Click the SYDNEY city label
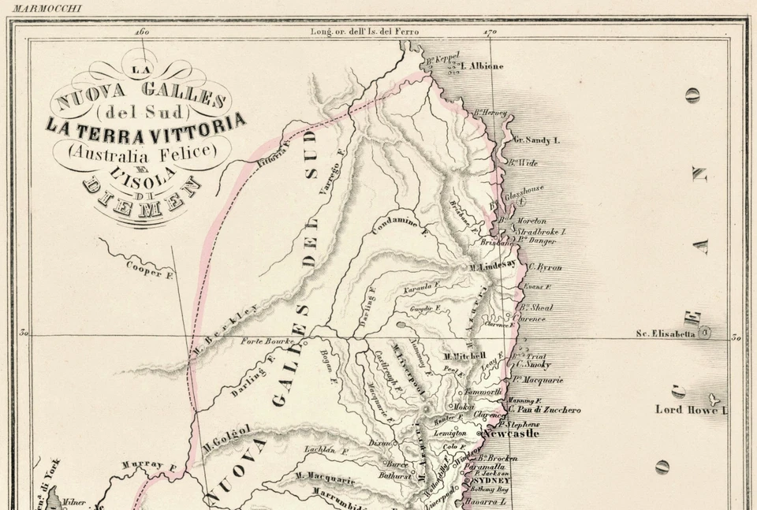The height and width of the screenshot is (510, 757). pos(493,479)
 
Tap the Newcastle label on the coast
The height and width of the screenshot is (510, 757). pos(510,434)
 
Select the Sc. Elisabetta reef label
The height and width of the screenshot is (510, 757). pos(666,333)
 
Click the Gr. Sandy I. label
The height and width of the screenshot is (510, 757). pos(536,140)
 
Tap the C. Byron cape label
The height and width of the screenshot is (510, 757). pos(545,267)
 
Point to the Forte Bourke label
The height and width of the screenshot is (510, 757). pos(267,341)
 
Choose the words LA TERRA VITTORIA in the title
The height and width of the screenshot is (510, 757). pos(145,125)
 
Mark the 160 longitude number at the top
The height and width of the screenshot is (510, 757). pos(142,32)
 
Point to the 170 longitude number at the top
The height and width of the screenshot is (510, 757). pos(489,32)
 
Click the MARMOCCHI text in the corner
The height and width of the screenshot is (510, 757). pos(47,8)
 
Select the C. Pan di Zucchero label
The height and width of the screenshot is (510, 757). pos(544,410)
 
